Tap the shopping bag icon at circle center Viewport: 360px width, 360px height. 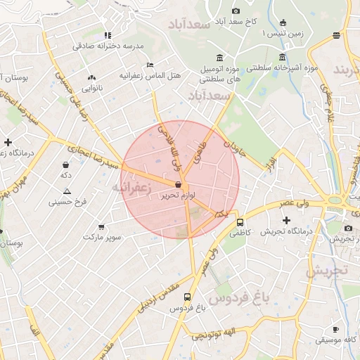(177, 185)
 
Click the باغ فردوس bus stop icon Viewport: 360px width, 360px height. (187, 297)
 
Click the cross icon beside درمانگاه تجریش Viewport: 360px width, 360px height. (286, 221)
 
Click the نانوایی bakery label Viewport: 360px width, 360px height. (92, 88)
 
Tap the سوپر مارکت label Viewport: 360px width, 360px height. (102, 237)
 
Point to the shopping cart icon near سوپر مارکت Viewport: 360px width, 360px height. (102, 226)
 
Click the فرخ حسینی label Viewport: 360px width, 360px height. (67, 202)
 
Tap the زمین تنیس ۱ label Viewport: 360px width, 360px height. (282, 33)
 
